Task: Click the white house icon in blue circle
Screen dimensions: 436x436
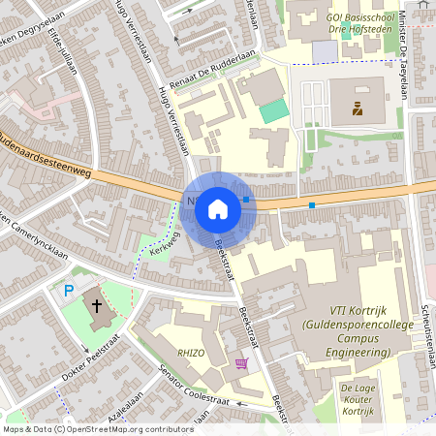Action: tap(218, 207)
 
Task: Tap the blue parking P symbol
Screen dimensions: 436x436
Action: tap(68, 290)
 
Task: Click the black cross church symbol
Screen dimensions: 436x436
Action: tap(97, 306)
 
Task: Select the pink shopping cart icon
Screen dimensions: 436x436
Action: tap(241, 363)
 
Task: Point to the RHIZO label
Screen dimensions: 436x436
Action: tap(191, 354)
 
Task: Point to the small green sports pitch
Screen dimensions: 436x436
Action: tap(275, 110)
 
